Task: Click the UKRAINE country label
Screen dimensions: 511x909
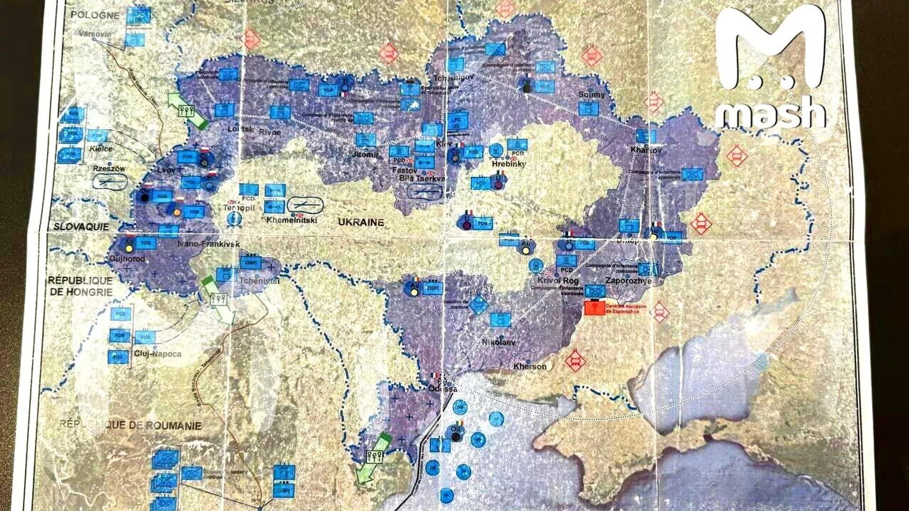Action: coord(361,222)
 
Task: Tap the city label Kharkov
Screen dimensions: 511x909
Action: coord(646,150)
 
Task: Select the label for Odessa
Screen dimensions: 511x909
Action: coord(443,389)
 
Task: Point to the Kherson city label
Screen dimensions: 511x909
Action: coord(530,366)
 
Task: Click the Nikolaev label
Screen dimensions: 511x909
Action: coord(499,342)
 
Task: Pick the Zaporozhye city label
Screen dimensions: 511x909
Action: coord(628,281)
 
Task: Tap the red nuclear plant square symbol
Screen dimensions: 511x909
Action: coord(594,308)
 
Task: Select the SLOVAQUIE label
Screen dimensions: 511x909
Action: coord(81,227)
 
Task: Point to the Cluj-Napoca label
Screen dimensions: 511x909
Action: coord(158,353)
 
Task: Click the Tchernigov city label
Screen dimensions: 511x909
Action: coord(454,78)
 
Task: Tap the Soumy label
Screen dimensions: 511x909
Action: coord(591,95)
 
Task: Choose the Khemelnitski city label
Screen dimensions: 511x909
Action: coord(291,220)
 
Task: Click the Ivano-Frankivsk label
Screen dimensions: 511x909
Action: coord(208,244)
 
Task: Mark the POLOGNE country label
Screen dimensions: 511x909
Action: coord(95,15)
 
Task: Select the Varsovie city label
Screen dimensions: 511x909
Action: coord(95,34)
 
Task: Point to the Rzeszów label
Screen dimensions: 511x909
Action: coord(109,168)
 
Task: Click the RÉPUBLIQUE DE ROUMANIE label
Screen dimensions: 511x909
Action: coord(130,424)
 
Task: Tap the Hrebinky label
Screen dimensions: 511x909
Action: coord(508,164)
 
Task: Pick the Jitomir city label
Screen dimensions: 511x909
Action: coord(365,154)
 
